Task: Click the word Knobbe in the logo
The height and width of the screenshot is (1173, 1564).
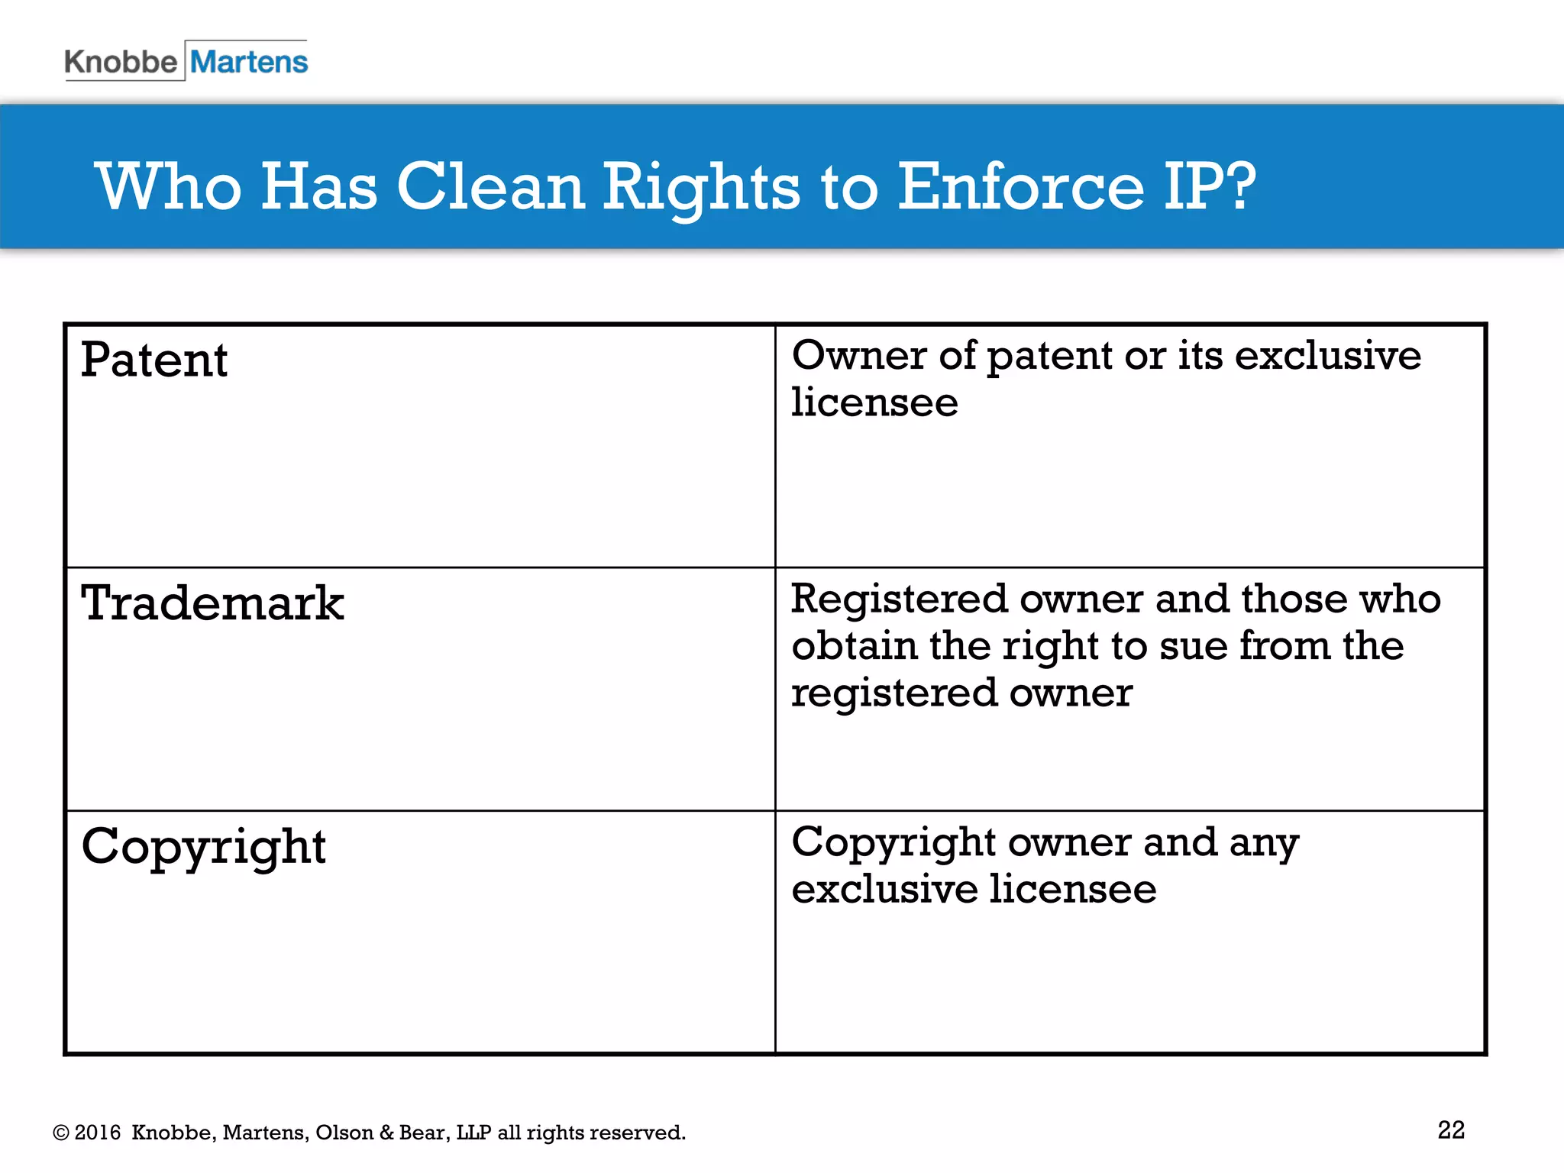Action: click(x=121, y=62)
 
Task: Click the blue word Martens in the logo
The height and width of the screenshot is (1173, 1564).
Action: click(x=249, y=62)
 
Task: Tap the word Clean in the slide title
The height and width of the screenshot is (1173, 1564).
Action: click(x=490, y=186)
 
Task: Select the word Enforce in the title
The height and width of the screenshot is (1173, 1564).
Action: click(x=1020, y=186)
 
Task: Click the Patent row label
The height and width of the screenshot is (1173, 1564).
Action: click(x=154, y=360)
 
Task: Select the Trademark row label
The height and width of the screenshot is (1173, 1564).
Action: click(x=212, y=603)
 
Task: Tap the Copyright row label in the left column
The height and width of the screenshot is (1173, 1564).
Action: click(x=204, y=848)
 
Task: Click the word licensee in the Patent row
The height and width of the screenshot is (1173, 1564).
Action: click(x=874, y=402)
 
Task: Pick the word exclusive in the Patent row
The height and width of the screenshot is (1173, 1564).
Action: click(x=1328, y=356)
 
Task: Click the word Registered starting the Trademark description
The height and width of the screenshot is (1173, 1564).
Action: click(x=899, y=599)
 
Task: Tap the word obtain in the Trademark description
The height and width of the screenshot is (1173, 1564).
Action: click(x=854, y=646)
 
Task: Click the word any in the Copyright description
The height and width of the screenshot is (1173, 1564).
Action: click(x=1264, y=844)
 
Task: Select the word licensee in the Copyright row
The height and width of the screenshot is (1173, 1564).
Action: click(x=1073, y=890)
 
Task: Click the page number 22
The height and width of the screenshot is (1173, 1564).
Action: click(x=1451, y=1129)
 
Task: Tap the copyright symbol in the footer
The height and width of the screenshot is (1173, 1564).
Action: click(x=61, y=1133)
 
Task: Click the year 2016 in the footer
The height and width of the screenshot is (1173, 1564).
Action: click(x=98, y=1133)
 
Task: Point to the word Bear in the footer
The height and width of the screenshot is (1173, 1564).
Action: click(x=419, y=1133)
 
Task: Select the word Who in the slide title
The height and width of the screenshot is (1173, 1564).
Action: click(x=169, y=186)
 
